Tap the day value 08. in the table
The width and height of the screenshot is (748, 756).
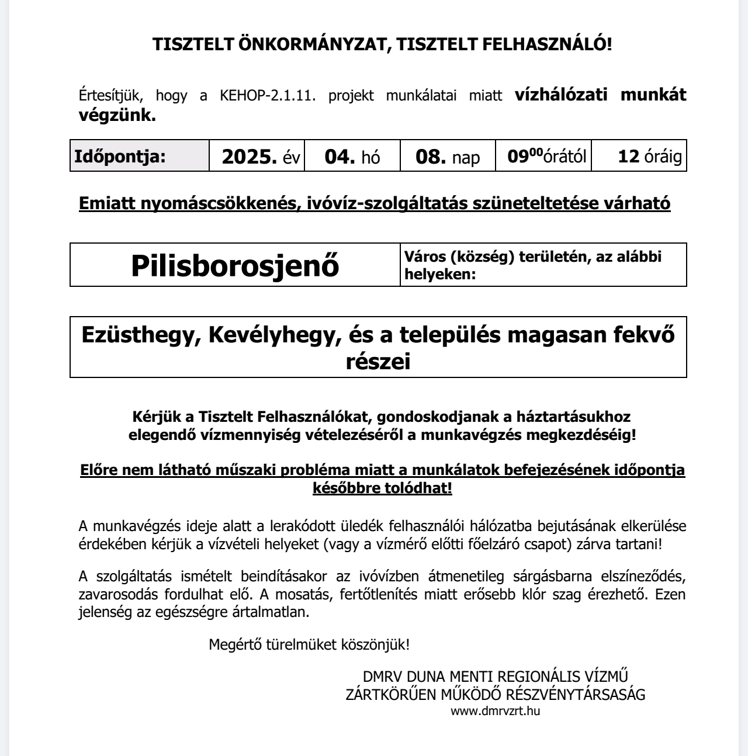click(x=432, y=156)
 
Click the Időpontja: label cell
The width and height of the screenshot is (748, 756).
click(x=120, y=156)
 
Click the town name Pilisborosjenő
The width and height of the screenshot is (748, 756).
click(x=235, y=266)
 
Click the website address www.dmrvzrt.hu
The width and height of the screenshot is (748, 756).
click(x=495, y=711)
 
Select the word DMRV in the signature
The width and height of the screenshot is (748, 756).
click(x=382, y=677)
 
